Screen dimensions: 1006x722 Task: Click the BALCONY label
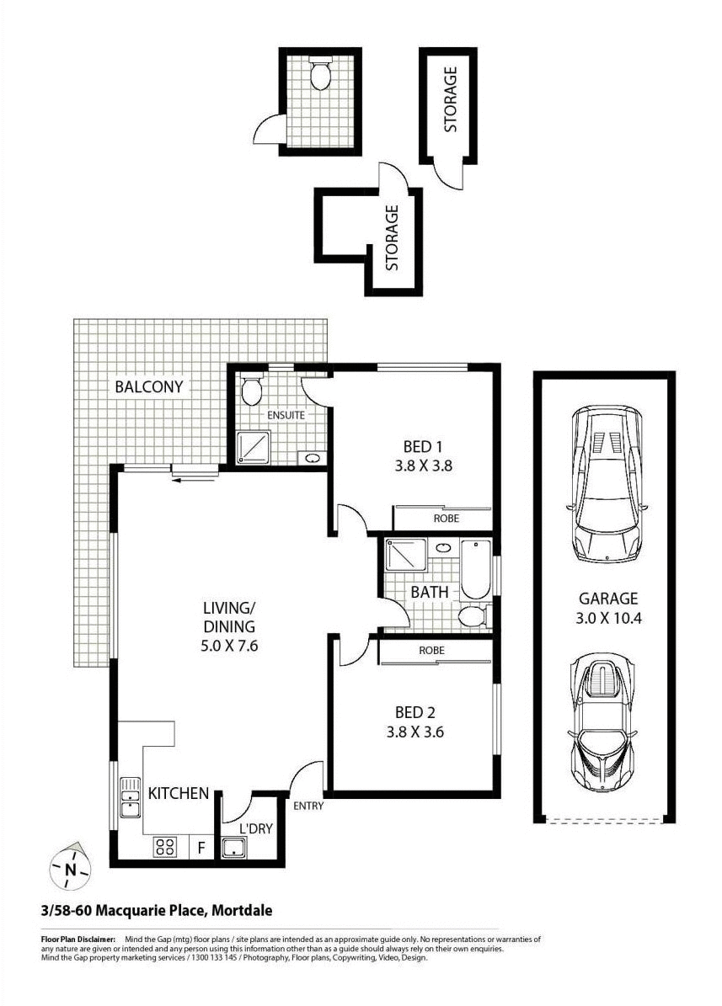click(149, 387)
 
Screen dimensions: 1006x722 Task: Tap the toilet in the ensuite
click(252, 391)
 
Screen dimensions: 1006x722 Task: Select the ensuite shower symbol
click(251, 447)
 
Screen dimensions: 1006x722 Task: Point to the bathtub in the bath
click(474, 569)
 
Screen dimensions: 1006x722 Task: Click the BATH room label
click(430, 592)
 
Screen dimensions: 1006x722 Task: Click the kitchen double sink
click(130, 797)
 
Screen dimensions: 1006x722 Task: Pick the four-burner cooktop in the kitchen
click(165, 847)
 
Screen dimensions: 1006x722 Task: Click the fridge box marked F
click(201, 848)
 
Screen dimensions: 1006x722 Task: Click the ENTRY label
click(308, 806)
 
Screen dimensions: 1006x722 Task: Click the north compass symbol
click(71, 867)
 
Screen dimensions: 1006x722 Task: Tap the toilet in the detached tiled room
click(320, 75)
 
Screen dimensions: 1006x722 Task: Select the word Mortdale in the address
click(242, 910)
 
